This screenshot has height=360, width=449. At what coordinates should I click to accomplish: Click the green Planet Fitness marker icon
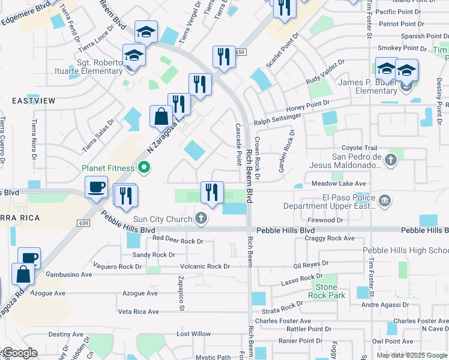(x=143, y=167)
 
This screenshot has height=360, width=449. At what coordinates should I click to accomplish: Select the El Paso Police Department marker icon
(x=384, y=200)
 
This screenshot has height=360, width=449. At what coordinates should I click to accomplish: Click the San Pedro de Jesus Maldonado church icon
(x=391, y=160)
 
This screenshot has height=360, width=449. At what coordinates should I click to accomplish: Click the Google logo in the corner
(x=19, y=353)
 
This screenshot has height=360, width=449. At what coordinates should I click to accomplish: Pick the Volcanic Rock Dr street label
(x=205, y=266)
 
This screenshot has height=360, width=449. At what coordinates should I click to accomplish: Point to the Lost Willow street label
(x=193, y=334)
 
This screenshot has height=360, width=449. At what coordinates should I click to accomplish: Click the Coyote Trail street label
(x=359, y=148)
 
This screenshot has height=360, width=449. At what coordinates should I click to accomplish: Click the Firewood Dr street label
(x=340, y=220)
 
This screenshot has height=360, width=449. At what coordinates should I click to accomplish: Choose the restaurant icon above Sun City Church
(x=211, y=193)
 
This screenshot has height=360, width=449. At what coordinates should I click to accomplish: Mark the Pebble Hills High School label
(x=405, y=250)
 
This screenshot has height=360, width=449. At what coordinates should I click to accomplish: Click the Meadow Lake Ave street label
(x=339, y=184)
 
